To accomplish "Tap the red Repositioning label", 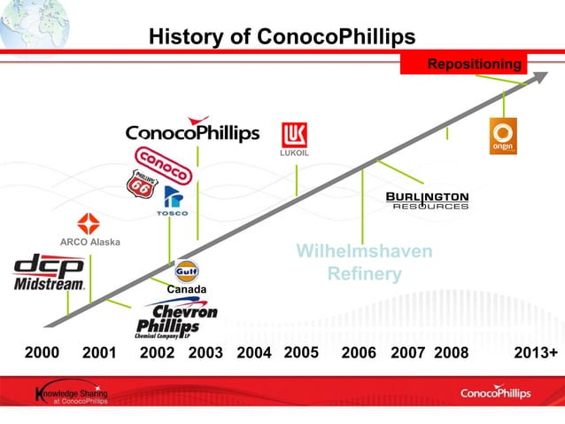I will coord(475,64).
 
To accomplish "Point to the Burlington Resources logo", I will coord(428,200).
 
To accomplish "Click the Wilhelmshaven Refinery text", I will coord(364,263).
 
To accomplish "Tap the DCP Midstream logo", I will coord(50,273).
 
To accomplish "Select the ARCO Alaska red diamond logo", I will coord(89,224).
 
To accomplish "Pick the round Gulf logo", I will coord(186,271).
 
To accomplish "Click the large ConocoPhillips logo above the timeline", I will coord(192,131).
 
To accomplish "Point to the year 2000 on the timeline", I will coord(42,353).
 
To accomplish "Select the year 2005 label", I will coord(301,353).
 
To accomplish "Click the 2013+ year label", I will coord(536,353).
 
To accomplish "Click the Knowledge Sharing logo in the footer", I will coord(71,394).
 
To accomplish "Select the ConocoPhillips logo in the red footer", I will coord(497,393).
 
